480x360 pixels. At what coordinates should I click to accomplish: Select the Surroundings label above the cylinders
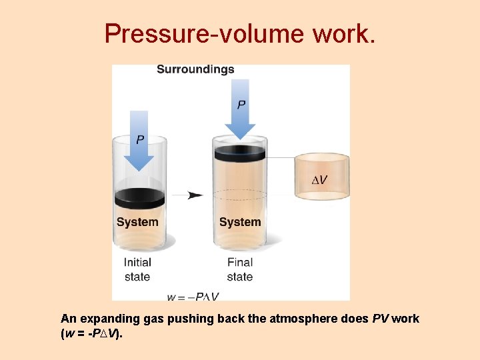click(x=195, y=69)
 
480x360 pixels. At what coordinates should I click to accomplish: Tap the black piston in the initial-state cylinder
click(x=139, y=198)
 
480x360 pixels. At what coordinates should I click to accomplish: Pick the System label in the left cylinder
click(x=137, y=222)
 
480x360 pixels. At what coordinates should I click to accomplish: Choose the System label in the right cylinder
click(x=240, y=222)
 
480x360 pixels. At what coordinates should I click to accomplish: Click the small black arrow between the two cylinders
click(x=195, y=195)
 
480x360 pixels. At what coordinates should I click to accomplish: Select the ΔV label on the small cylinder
click(x=320, y=181)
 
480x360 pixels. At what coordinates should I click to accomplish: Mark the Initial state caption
click(x=137, y=269)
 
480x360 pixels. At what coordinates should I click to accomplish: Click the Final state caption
click(x=240, y=269)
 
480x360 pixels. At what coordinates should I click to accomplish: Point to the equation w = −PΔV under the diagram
click(x=193, y=296)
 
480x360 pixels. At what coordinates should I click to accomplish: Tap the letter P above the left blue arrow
click(x=139, y=140)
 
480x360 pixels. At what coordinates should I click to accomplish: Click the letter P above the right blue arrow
click(x=241, y=105)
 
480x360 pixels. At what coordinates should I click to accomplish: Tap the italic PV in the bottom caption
click(x=381, y=319)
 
